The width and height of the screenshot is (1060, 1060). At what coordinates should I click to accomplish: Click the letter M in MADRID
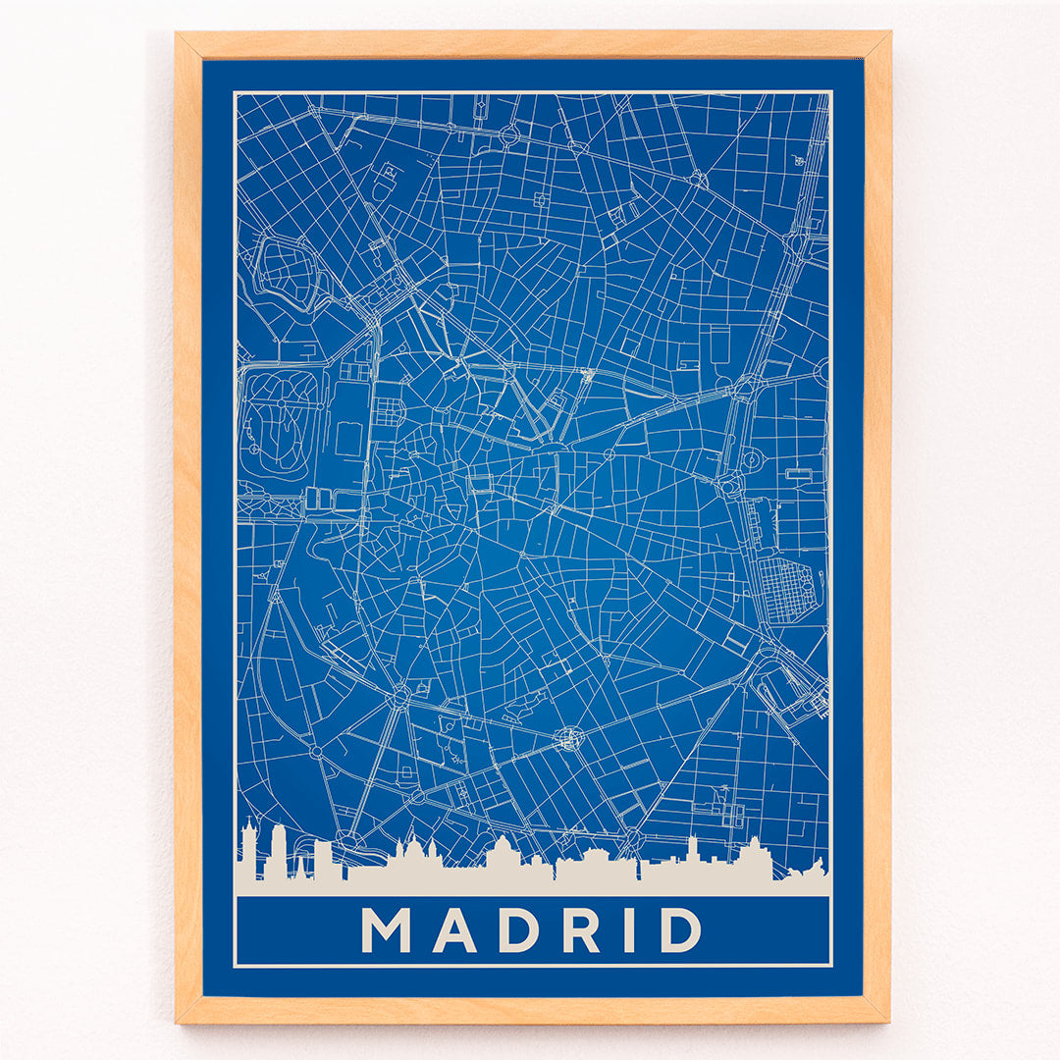[x=385, y=929]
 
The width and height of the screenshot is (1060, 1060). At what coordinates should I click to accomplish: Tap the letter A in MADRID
[x=454, y=929]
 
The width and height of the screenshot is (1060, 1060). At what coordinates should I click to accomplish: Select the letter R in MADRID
[x=580, y=929]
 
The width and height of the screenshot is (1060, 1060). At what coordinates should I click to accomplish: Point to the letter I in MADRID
[x=629, y=929]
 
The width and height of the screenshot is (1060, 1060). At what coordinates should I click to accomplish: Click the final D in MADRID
[x=680, y=929]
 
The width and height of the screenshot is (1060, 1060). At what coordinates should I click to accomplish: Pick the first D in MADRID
[x=518, y=929]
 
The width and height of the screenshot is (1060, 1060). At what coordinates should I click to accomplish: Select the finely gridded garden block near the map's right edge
[x=789, y=590]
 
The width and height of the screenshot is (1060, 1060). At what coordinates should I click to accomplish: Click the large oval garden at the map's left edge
[x=282, y=423]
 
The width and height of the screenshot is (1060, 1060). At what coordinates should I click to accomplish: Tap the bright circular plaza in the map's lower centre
[x=567, y=738]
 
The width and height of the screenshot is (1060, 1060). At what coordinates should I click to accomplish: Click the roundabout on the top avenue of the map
[x=509, y=135]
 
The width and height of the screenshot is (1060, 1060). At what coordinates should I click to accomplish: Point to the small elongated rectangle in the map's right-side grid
[x=799, y=474]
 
